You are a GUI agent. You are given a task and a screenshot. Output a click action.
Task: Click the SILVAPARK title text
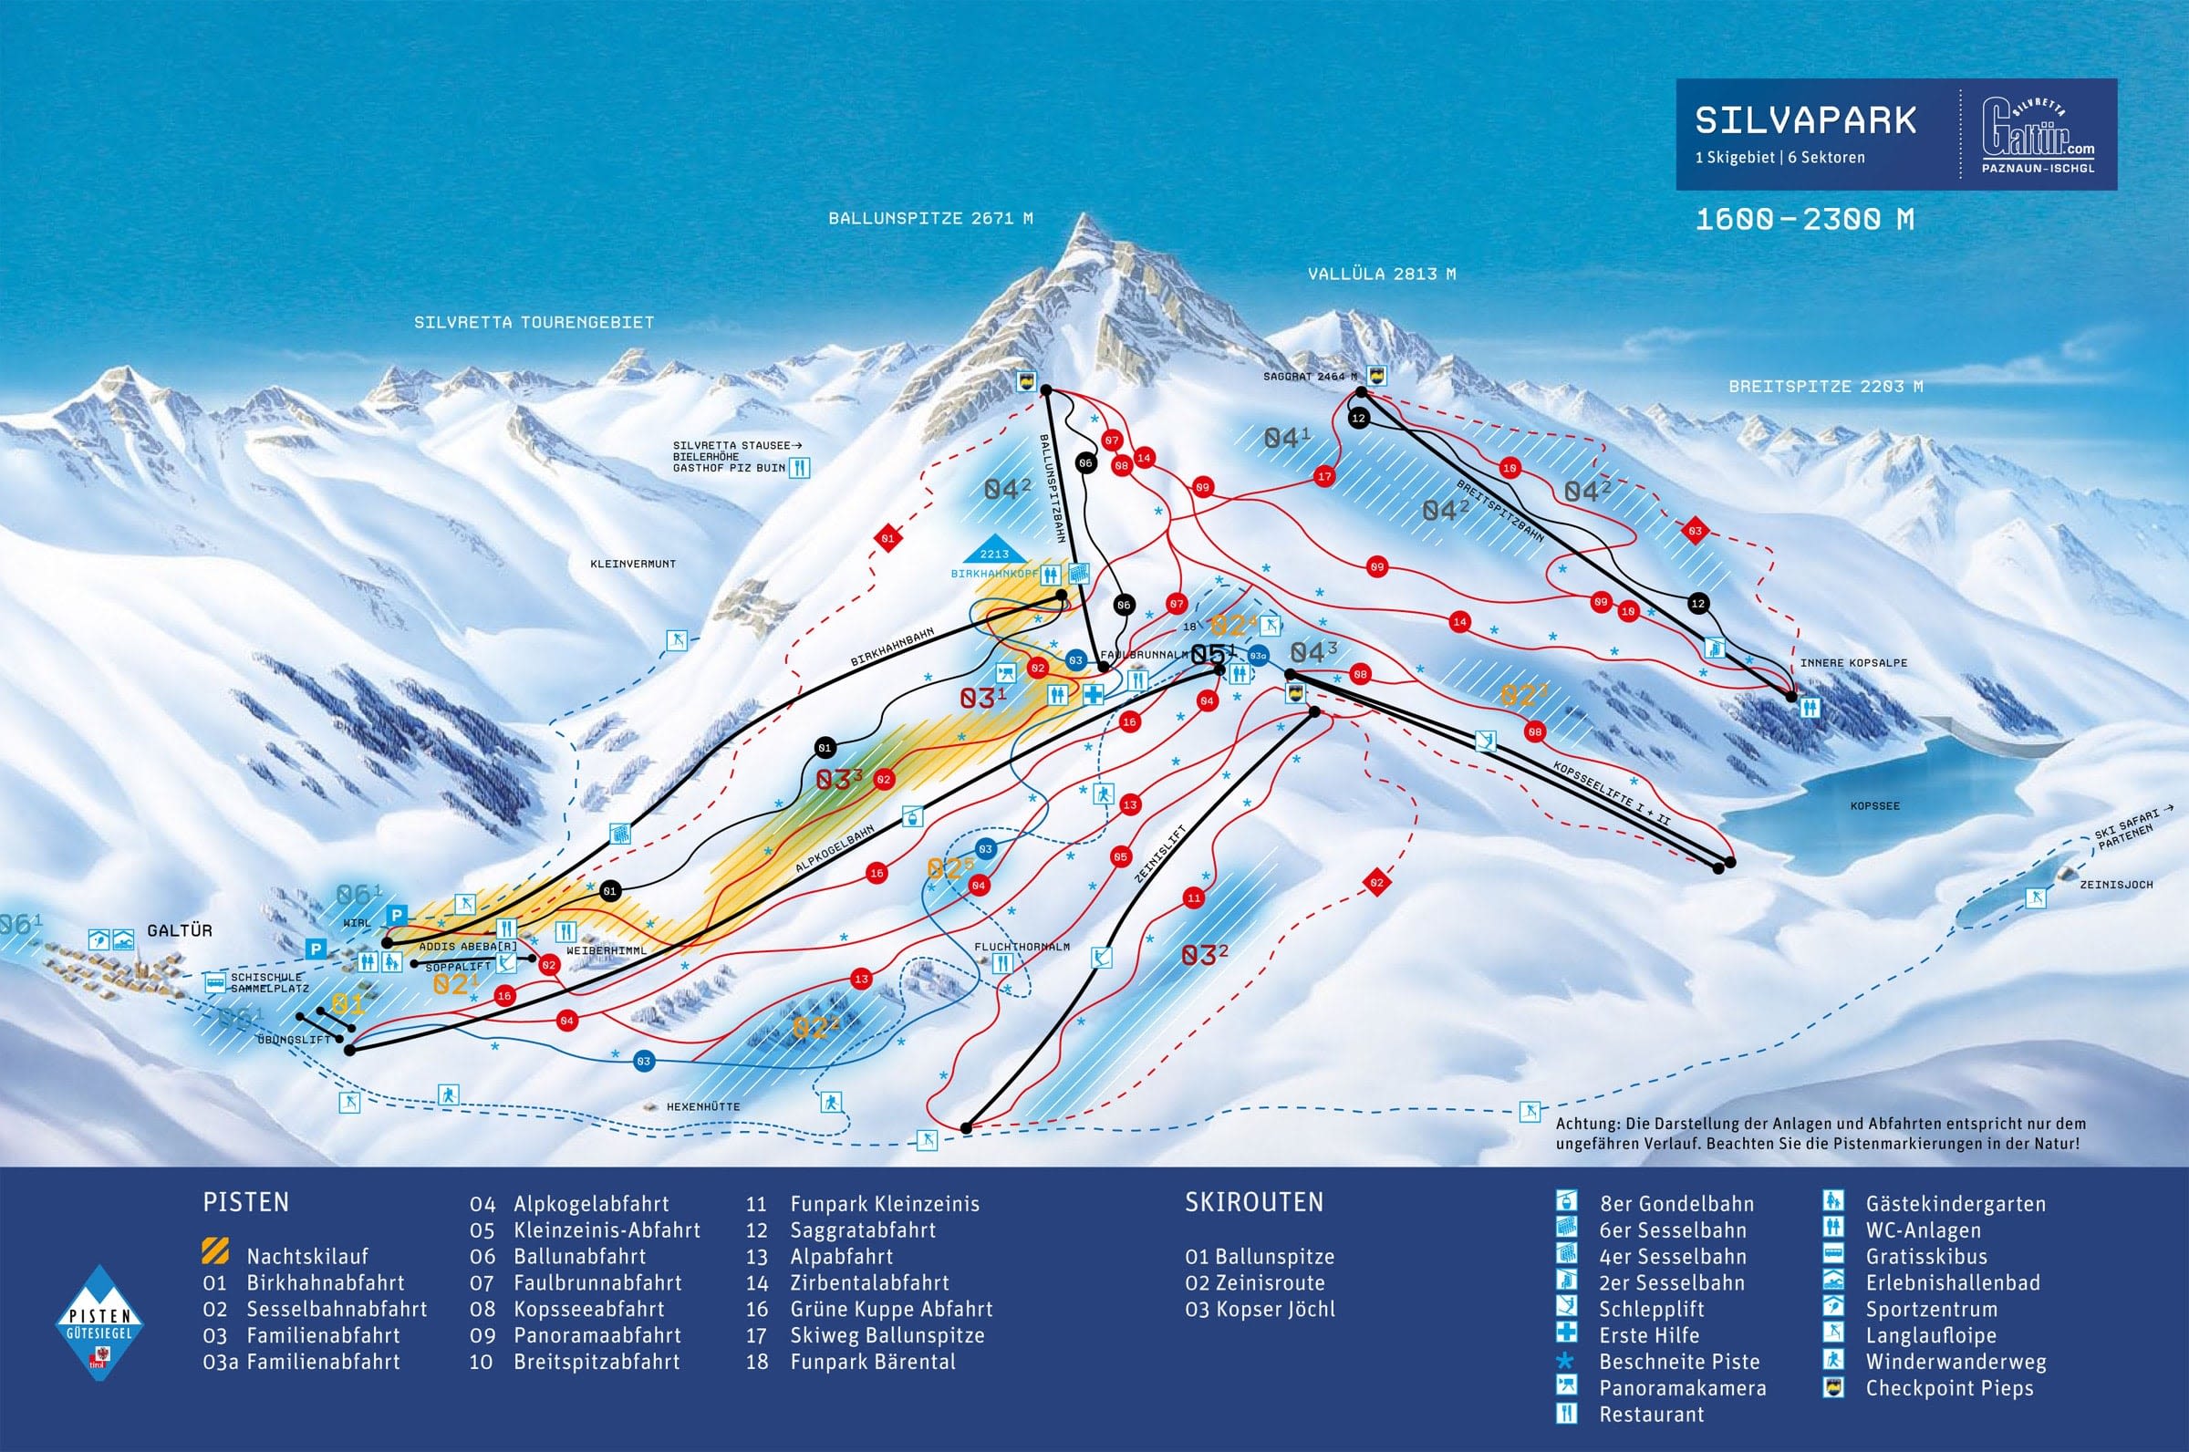click(1805, 121)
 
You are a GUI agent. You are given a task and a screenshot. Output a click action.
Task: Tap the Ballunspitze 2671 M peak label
click(929, 220)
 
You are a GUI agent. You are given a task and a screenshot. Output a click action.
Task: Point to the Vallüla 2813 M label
click(1382, 275)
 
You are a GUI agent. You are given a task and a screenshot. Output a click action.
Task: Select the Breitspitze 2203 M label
click(1825, 386)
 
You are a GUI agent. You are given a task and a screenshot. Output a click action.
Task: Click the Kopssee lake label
click(1874, 805)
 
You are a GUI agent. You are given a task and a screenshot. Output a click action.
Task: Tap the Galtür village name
click(180, 930)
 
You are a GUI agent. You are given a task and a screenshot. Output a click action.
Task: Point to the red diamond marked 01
click(887, 537)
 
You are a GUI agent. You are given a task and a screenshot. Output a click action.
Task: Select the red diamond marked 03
click(1695, 531)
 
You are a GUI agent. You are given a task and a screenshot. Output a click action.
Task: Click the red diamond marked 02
click(1376, 883)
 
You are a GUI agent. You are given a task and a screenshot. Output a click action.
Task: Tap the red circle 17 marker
click(1324, 476)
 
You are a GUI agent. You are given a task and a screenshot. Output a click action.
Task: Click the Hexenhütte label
click(703, 1106)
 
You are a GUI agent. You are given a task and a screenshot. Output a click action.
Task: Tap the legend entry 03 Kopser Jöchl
click(1260, 1310)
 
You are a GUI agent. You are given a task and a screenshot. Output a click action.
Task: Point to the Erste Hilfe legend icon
click(1566, 1335)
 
